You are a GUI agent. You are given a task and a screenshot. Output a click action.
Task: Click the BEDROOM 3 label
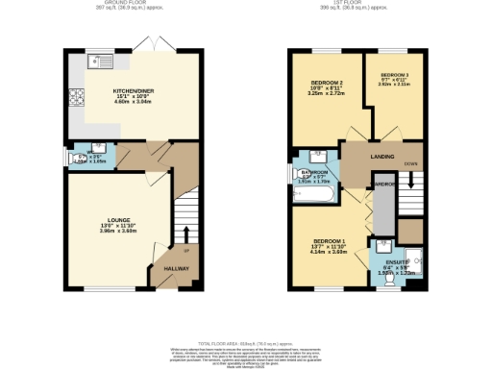(394, 75)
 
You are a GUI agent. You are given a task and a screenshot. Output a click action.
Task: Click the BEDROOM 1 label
(328, 240)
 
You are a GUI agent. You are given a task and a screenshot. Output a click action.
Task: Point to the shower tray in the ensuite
(414, 261)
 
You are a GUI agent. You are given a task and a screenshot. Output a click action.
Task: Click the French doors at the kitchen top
(147, 48)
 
